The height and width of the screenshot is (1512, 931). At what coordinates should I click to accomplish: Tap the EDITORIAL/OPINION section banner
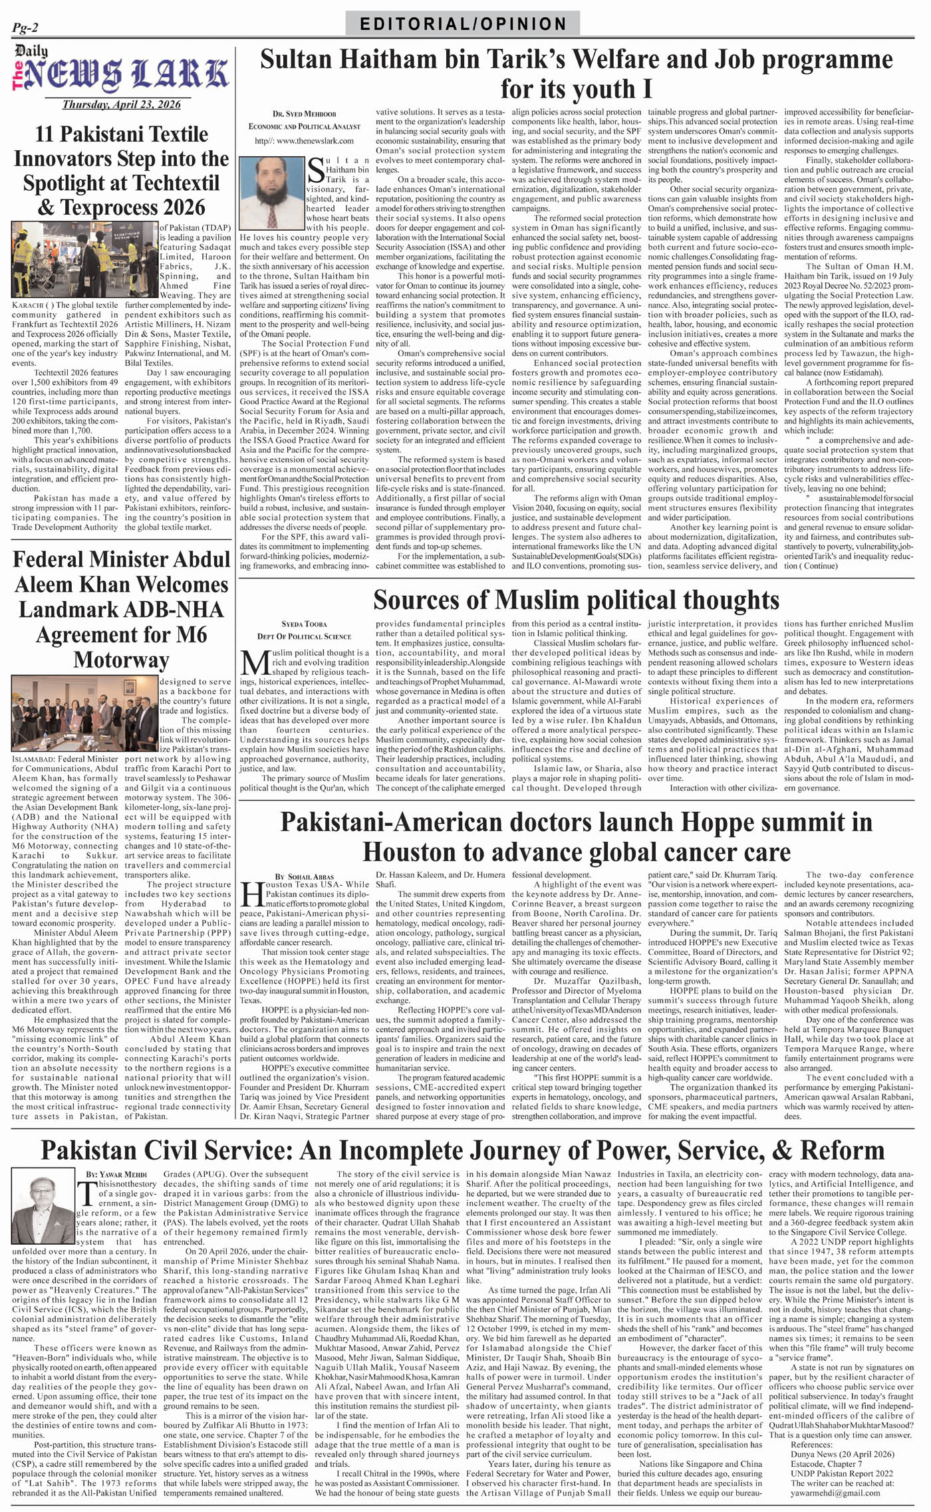[463, 25]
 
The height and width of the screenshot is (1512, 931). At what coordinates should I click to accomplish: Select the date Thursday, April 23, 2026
[122, 104]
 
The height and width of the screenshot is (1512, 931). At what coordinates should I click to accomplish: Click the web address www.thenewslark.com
[305, 141]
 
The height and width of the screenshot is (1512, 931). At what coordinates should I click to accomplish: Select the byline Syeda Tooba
[305, 624]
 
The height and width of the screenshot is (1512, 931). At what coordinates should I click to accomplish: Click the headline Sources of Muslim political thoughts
[576, 600]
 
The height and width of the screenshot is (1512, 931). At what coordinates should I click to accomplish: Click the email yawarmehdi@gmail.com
[835, 1493]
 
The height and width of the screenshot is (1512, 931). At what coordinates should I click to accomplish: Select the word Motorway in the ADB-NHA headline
[122, 660]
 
